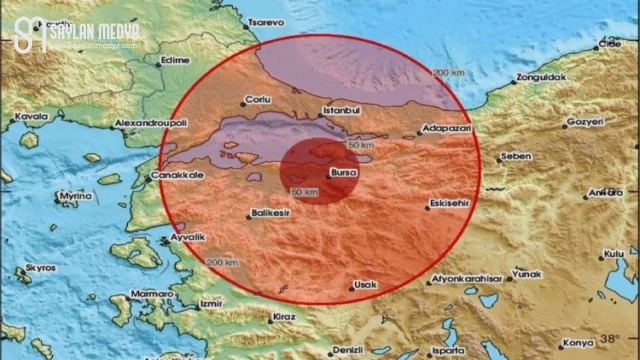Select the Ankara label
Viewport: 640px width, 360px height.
coord(605,191)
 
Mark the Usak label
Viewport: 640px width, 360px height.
coord(366,285)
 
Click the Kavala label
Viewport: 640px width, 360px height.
coord(31,117)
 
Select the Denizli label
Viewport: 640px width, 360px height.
coord(345,349)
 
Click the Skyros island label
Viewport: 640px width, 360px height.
coord(41,268)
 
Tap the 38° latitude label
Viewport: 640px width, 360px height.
coord(609,339)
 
